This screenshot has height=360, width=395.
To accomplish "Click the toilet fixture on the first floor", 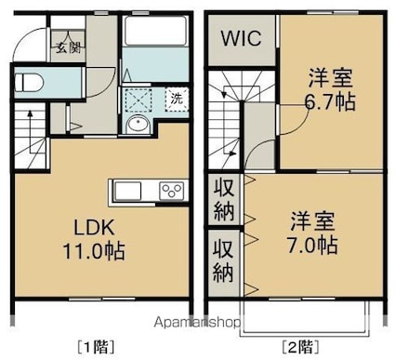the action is pos(28,82).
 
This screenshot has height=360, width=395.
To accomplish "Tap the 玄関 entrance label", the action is pos(68,47).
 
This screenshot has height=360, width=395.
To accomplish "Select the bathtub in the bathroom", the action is pos(155,31).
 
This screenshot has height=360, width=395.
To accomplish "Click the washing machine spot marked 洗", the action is pos(177,100).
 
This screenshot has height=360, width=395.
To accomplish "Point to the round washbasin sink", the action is pos(138,125).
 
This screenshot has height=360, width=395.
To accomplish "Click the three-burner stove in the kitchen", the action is pos(172,190).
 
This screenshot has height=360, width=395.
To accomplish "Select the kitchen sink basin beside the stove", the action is pos(127,191).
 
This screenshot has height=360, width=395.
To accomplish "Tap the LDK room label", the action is pos(94,228).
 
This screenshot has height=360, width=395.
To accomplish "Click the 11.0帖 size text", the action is pos(94,251).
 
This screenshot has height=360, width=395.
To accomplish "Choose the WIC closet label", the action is pos(242,38).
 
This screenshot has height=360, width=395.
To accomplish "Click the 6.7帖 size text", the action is pos(330,101).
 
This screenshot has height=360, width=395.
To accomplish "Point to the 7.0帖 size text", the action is pos(312,245).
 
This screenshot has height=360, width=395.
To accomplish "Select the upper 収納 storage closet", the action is pos(224,199).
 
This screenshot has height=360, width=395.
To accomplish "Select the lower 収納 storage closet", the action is pos(224,262).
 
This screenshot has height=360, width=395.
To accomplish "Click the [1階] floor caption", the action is pos(96,347).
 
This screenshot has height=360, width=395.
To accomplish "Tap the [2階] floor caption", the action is pos(300,347).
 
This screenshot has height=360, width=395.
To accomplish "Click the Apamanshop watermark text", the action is pos(197,323).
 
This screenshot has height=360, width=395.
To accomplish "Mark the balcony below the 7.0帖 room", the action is pos(305,318).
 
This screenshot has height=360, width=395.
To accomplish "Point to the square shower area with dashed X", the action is pos(138,100).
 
